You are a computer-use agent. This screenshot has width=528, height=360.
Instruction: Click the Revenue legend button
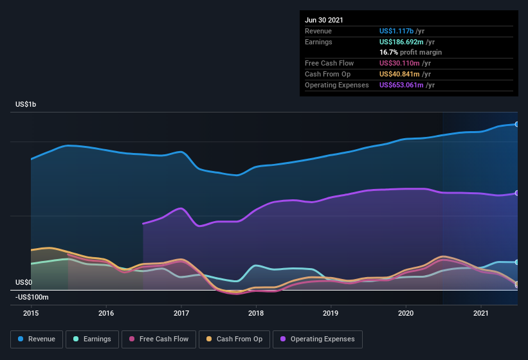[x=37, y=339]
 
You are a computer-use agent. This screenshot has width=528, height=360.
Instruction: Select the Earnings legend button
[x=92, y=339]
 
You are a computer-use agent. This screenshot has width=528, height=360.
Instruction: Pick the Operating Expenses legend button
[x=318, y=339]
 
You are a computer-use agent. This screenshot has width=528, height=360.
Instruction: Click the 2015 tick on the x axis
[x=31, y=313]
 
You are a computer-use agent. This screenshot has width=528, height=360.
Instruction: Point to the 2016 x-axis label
[x=106, y=313]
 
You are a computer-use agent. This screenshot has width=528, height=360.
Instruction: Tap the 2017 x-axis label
[x=181, y=313]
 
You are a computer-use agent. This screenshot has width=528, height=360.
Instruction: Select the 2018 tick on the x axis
[x=256, y=313]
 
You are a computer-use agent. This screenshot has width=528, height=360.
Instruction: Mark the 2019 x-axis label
[x=331, y=313]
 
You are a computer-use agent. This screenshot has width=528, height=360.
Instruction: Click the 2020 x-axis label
[x=406, y=313]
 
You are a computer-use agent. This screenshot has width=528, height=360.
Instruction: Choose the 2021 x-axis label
[x=481, y=313]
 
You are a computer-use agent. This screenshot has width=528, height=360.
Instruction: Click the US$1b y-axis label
[x=26, y=104]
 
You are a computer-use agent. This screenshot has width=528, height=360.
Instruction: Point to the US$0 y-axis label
[x=24, y=282]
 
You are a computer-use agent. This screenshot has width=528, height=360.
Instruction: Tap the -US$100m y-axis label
[x=32, y=297]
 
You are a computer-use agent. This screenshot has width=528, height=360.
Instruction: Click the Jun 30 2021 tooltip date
[x=324, y=20]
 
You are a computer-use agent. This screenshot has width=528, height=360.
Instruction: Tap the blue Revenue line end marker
[x=517, y=124]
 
